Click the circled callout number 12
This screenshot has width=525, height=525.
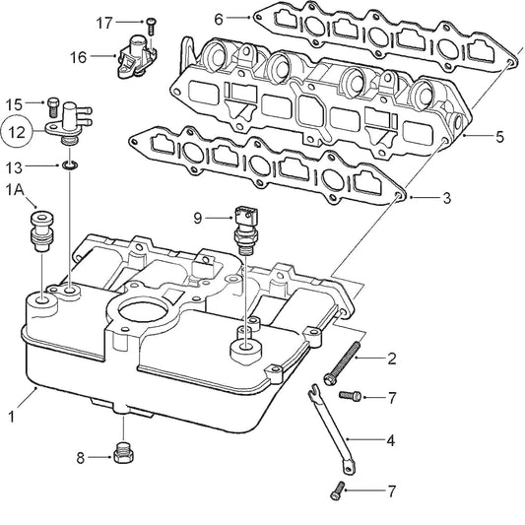pyautogui.click(x=16, y=130)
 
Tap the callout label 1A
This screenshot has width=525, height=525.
pyautogui.click(x=16, y=187)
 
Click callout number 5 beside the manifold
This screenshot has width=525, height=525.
pyautogui.click(x=499, y=136)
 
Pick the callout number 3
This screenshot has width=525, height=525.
pyautogui.click(x=219, y=17)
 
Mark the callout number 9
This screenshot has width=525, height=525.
pyautogui.click(x=197, y=217)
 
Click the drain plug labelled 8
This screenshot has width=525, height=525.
pyautogui.click(x=124, y=454)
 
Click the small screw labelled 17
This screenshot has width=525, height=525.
pyautogui.click(x=151, y=21)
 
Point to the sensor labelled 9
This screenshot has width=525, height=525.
pyautogui.click(x=242, y=226)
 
